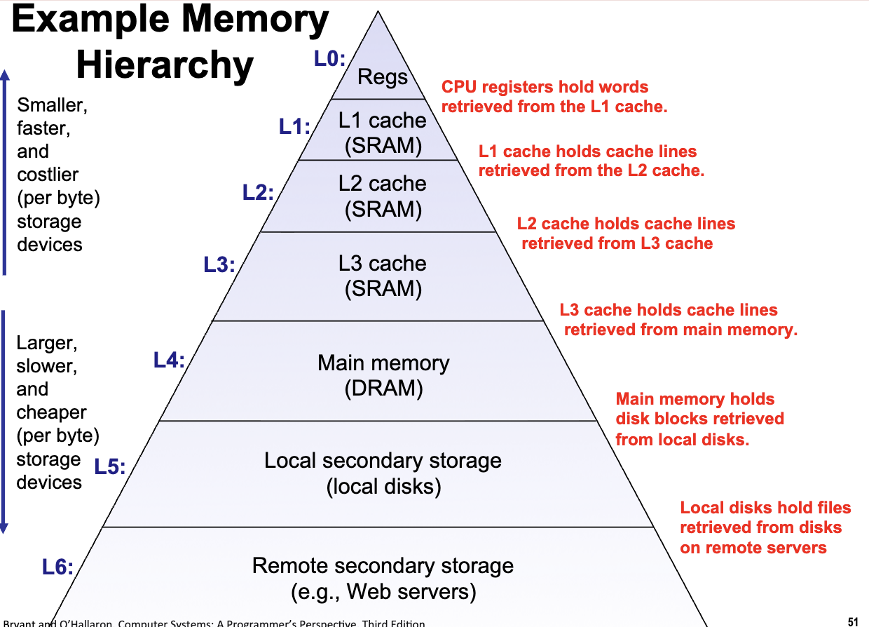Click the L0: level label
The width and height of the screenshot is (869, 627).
click(x=329, y=60)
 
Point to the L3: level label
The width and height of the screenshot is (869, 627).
click(x=219, y=265)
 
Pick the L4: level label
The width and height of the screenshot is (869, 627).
click(x=169, y=361)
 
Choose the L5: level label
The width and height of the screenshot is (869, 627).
click(x=110, y=466)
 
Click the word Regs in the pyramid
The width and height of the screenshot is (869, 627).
click(x=383, y=77)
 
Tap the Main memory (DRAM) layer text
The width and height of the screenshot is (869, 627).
click(x=383, y=375)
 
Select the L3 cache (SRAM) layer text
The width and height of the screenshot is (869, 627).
click(x=383, y=276)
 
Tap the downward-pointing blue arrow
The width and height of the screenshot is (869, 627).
click(x=5, y=421)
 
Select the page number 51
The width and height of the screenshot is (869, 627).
click(x=852, y=621)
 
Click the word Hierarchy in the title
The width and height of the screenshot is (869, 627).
click(x=165, y=65)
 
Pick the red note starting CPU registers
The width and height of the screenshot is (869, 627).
click(x=554, y=97)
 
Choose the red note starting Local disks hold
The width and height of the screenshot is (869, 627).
click(x=765, y=527)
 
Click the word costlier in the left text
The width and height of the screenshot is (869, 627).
click(x=48, y=175)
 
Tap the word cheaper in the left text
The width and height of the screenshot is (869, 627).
click(x=52, y=412)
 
